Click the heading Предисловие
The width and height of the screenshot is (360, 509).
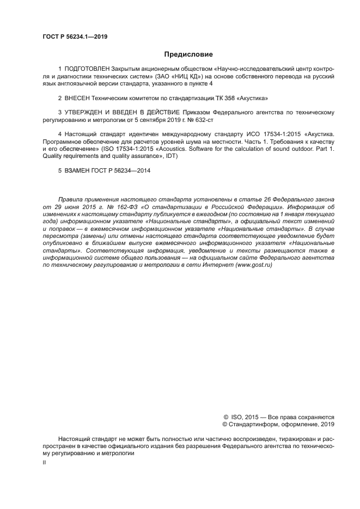click(188, 54)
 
